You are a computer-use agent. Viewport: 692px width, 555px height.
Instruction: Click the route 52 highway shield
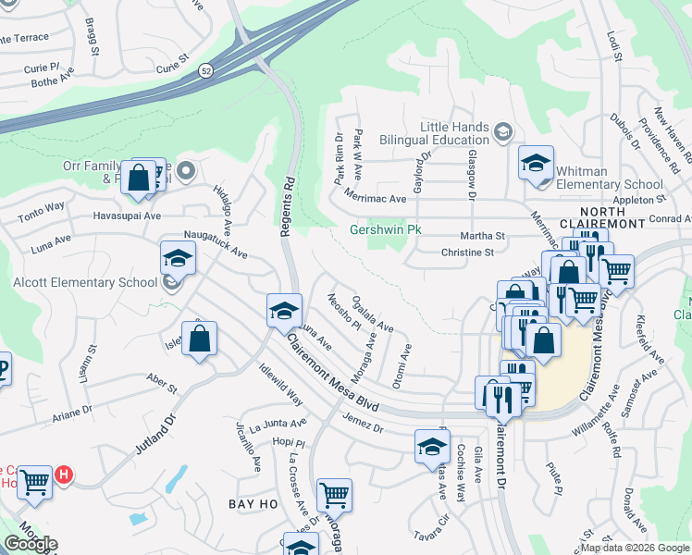pyautogui.click(x=205, y=69)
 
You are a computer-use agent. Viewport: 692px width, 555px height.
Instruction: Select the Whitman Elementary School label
pyautogui.click(x=611, y=178)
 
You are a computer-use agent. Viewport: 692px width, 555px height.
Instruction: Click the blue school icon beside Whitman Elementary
pyautogui.click(x=535, y=165)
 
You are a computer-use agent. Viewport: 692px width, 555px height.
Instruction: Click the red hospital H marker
pyautogui.click(x=63, y=475)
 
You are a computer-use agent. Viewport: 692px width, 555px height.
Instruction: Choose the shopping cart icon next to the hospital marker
pyautogui.click(x=34, y=481)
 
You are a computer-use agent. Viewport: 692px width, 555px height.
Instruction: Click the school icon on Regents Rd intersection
pyautogui.click(x=284, y=310)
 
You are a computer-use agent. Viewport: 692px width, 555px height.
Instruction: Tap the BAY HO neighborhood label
pyautogui.click(x=249, y=503)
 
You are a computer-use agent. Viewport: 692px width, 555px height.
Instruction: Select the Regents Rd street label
pyautogui.click(x=287, y=206)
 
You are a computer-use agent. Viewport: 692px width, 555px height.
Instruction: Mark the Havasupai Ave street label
pyautogui.click(x=127, y=216)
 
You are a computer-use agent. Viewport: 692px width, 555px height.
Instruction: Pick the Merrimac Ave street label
pyautogui.click(x=375, y=198)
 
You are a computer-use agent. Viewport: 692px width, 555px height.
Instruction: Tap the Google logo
pyautogui.click(x=31, y=544)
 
